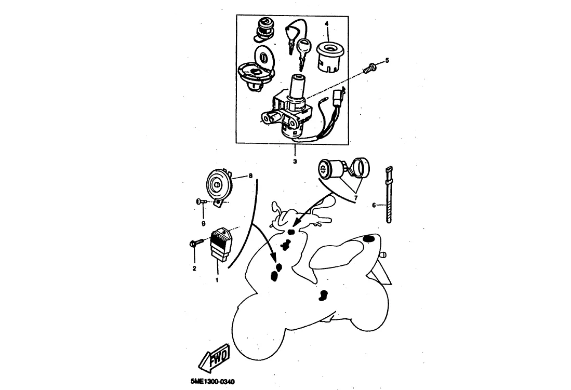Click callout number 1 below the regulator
click(217, 280)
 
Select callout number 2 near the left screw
click(194, 268)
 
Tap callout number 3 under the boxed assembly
click(295, 162)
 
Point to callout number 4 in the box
click(327, 23)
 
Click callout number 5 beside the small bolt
click(387, 61)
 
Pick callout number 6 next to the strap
click(374, 205)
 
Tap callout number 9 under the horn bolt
click(203, 223)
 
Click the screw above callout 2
click(195, 243)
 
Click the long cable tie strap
click(388, 194)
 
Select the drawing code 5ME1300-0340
click(209, 381)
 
